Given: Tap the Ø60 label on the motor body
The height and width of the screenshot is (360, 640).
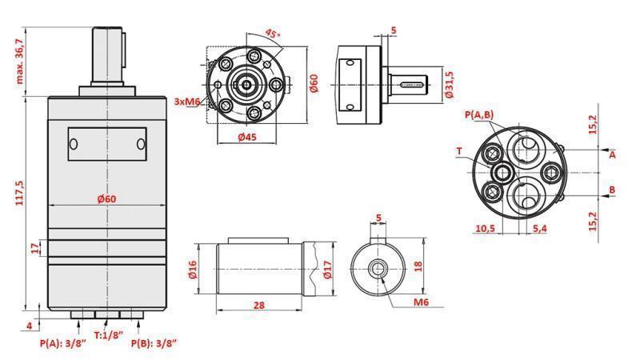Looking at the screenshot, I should (108, 199).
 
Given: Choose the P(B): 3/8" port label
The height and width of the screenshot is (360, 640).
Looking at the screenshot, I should (154, 343).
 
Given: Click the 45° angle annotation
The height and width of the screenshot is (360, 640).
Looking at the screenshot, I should (271, 35).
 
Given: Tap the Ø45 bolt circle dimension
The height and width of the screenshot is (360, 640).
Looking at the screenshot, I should (247, 137).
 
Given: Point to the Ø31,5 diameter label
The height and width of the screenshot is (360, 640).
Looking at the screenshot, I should (450, 84).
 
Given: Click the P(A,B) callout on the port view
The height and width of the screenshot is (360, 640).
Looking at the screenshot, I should (479, 115).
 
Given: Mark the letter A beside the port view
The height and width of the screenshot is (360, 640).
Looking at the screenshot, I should (612, 154).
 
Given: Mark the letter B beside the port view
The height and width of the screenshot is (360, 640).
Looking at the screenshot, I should (612, 190).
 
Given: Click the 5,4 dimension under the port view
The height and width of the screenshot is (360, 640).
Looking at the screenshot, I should (539, 229).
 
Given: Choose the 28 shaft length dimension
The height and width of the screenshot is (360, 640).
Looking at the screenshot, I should (260, 306).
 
